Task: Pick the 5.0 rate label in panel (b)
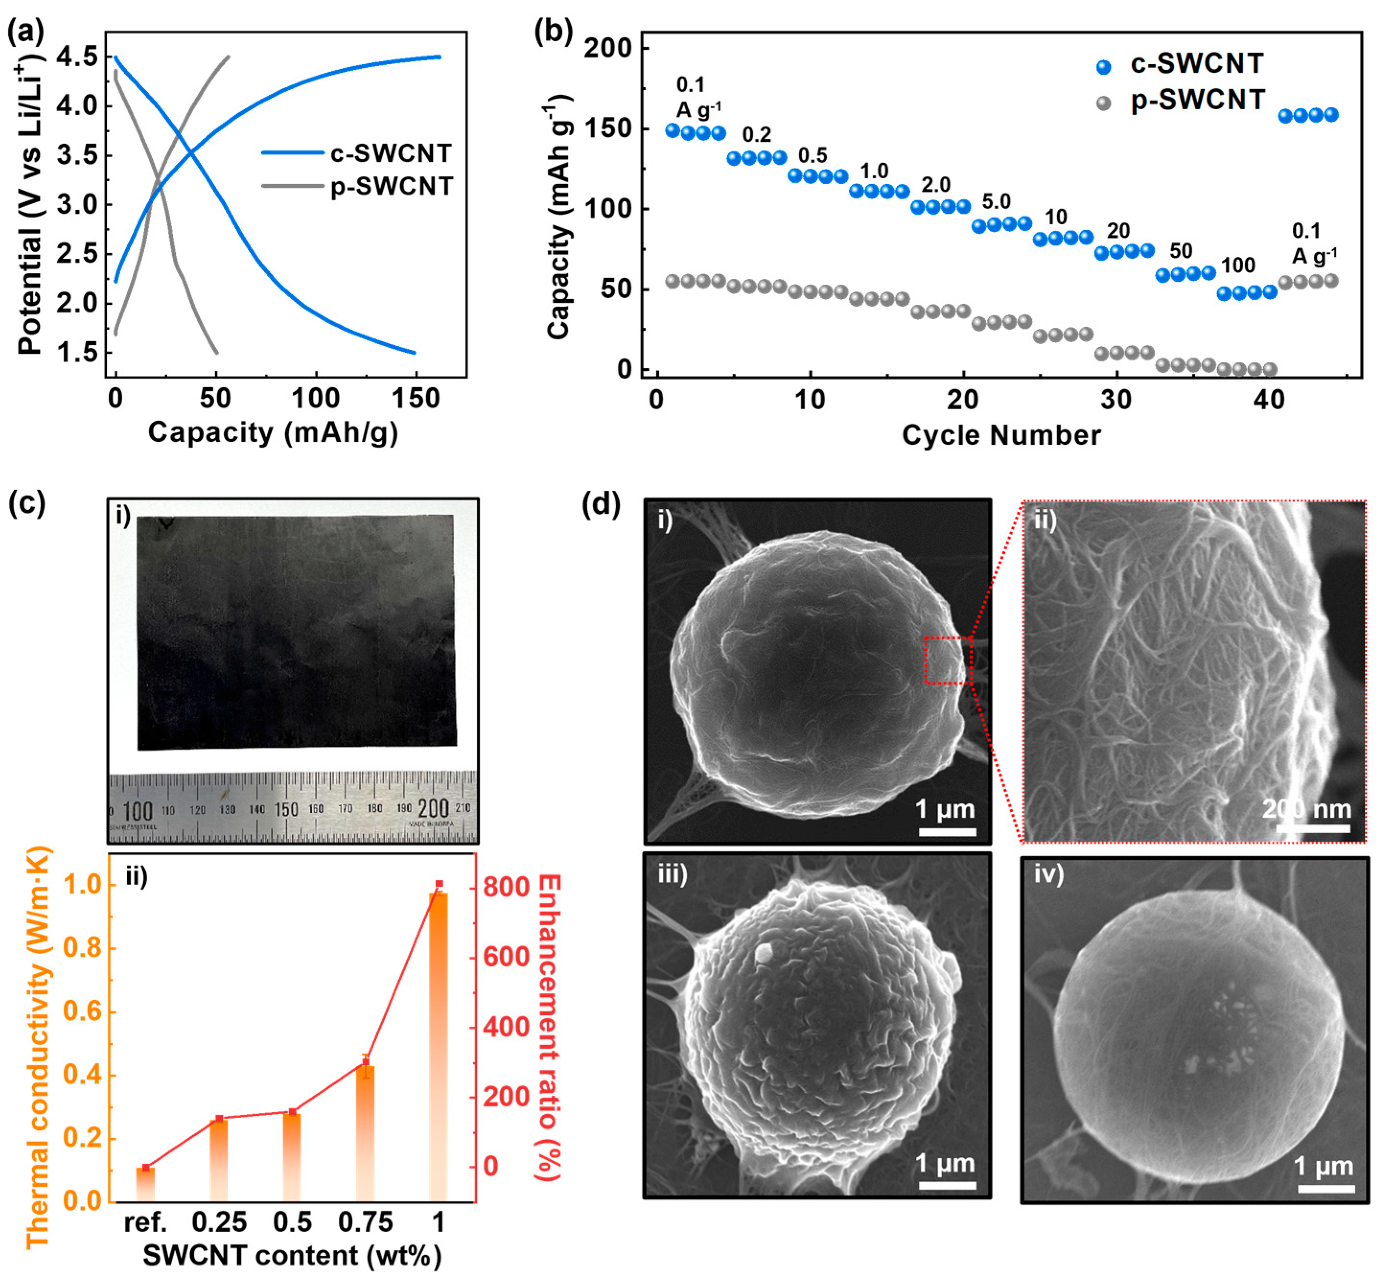tap(995, 202)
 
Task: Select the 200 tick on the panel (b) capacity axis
tap(608, 48)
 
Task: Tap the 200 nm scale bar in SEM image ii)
tap(1313, 828)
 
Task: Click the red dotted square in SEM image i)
tap(948, 660)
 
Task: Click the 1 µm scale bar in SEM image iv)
tap(1326, 1189)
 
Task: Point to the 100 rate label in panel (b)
tap(1237, 265)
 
